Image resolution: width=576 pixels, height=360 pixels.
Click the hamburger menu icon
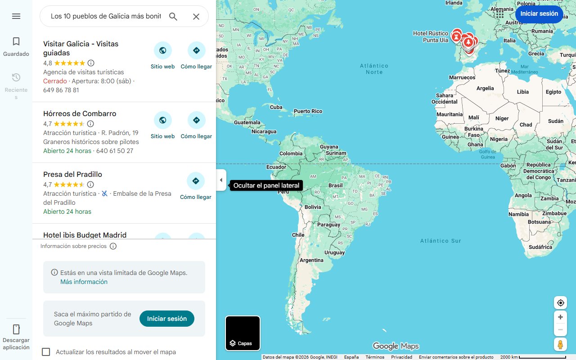pyautogui.click(x=16, y=16)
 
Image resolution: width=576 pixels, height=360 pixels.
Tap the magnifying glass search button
pyautogui.click(x=173, y=17)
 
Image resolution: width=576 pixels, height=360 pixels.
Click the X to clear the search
pyautogui.click(x=196, y=17)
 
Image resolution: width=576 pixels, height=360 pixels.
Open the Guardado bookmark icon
pyautogui.click(x=16, y=42)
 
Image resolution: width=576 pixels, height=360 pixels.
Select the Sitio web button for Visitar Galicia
pyautogui.click(x=162, y=50)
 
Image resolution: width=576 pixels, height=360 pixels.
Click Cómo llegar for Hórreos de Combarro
pyautogui.click(x=196, y=120)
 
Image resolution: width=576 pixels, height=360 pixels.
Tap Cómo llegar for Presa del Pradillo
pyautogui.click(x=196, y=181)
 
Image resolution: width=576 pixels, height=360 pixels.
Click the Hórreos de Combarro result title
pyautogui.click(x=80, y=113)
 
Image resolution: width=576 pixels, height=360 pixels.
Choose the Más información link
pyautogui.click(x=84, y=282)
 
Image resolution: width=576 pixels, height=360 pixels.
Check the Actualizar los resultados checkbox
pyautogui.click(x=46, y=352)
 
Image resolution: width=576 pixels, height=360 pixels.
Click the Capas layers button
pyautogui.click(x=243, y=333)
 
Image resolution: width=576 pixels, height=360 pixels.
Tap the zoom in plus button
pyautogui.click(x=560, y=317)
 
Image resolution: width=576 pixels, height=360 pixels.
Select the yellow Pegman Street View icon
pyautogui.click(x=560, y=344)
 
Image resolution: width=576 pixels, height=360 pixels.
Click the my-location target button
pyautogui.click(x=560, y=303)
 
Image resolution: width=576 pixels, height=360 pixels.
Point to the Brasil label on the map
pyautogui.click(x=336, y=185)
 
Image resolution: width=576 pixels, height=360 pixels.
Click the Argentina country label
pyautogui.click(x=311, y=260)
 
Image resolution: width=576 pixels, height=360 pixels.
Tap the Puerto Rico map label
pyautogui.click(x=308, y=111)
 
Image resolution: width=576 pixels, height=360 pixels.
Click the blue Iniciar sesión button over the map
pyautogui.click(x=539, y=13)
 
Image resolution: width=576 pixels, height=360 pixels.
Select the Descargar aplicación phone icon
pyautogui.click(x=16, y=329)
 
